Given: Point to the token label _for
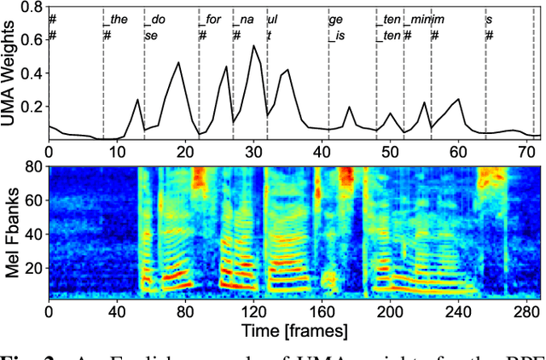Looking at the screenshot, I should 210,19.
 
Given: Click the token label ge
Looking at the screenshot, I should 336,19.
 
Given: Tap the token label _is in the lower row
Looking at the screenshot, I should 337,35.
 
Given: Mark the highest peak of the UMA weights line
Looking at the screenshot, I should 253,45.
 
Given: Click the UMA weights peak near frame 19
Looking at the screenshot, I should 178,62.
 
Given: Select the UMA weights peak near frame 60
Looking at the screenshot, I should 459,98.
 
